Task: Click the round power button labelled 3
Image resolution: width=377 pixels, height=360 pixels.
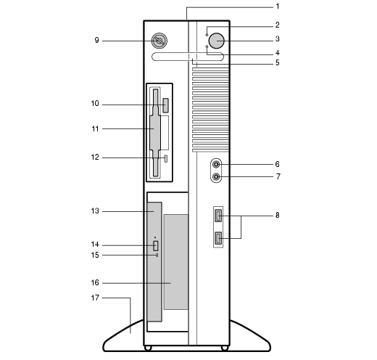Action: click(x=217, y=41)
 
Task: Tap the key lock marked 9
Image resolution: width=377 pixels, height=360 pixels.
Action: click(x=159, y=41)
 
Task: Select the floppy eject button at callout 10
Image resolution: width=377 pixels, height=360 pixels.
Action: click(x=165, y=105)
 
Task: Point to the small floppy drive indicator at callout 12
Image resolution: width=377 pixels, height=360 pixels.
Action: click(x=166, y=158)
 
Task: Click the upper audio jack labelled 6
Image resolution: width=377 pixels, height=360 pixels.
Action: click(x=216, y=165)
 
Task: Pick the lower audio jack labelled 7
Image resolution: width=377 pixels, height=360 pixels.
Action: click(x=216, y=176)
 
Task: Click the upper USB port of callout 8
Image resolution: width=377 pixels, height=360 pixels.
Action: click(x=218, y=216)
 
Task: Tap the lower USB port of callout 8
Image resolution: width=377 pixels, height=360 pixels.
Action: click(x=218, y=238)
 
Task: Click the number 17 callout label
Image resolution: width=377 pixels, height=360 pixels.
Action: click(x=95, y=298)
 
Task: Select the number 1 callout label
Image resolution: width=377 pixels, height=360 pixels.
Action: click(x=278, y=7)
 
